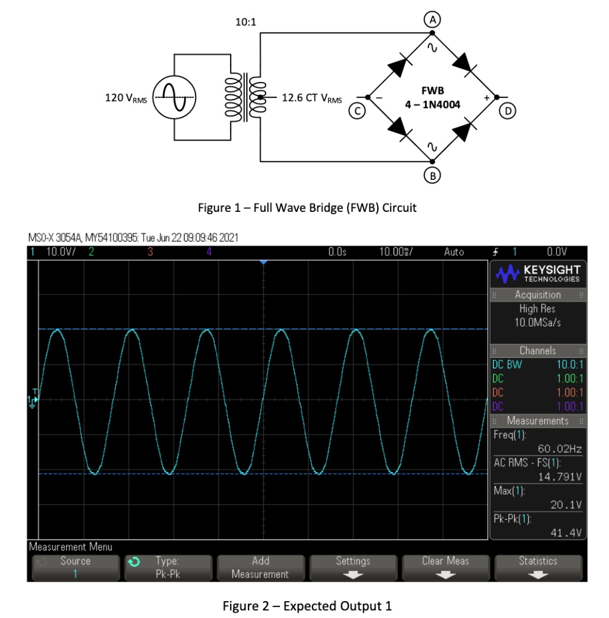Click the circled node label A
point(432,19)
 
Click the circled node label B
point(432,176)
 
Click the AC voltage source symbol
point(174,97)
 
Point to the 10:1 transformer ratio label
point(246,22)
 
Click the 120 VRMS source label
point(126,97)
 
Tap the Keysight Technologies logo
point(537,274)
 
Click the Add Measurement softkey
point(260,567)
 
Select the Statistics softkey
point(538,567)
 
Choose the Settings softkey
point(353,567)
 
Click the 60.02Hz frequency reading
point(560,448)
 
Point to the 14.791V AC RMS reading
point(560,477)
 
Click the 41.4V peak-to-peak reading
point(566,532)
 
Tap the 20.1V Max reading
point(566,505)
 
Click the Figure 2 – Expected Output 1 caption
point(307,605)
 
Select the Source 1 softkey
point(75,567)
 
